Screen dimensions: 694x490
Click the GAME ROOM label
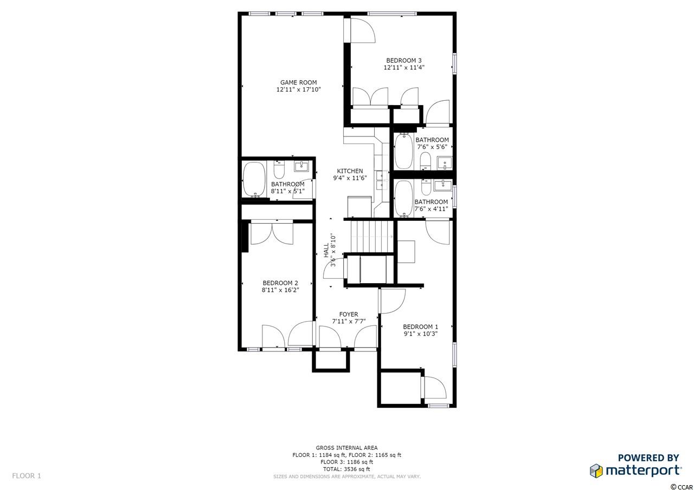point(298,83)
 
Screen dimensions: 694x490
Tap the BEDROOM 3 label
point(404,61)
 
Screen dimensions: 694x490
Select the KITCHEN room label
point(350,171)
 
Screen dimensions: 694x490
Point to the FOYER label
point(349,314)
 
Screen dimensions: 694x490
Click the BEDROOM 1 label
point(420,326)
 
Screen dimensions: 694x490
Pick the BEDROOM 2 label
point(280,283)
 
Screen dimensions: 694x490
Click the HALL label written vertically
point(326,250)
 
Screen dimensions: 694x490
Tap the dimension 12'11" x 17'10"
point(298,90)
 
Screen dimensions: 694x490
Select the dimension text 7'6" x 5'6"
point(432,147)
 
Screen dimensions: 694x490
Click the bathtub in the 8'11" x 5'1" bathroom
point(254,179)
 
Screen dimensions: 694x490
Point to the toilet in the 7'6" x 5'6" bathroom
point(426,161)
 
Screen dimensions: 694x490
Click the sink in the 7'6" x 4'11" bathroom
point(443,186)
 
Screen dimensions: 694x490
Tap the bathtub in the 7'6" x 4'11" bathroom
point(404,199)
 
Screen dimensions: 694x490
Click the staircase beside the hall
point(371,236)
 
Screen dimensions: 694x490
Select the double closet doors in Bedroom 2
point(272,233)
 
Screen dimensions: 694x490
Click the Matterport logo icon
point(596,471)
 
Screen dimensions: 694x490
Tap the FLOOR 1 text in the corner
point(27,476)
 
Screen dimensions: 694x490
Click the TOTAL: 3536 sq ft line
point(346,469)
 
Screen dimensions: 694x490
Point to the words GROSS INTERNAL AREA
point(346,448)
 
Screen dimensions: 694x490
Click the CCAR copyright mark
point(685,487)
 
